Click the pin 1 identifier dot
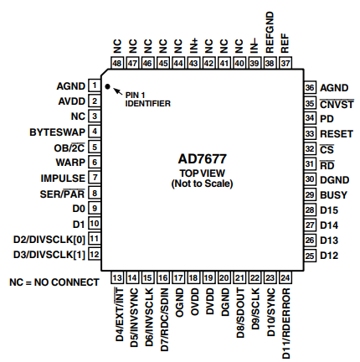(x=107, y=85)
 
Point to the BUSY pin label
(x=334, y=194)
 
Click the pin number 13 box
(x=118, y=277)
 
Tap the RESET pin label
(x=336, y=132)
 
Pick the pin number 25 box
(x=309, y=255)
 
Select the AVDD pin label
(x=70, y=101)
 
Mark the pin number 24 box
(x=285, y=277)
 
